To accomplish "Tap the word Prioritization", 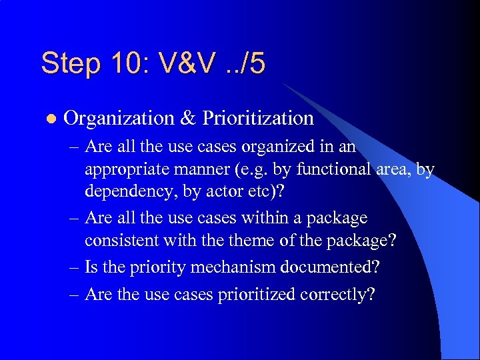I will [258, 119].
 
